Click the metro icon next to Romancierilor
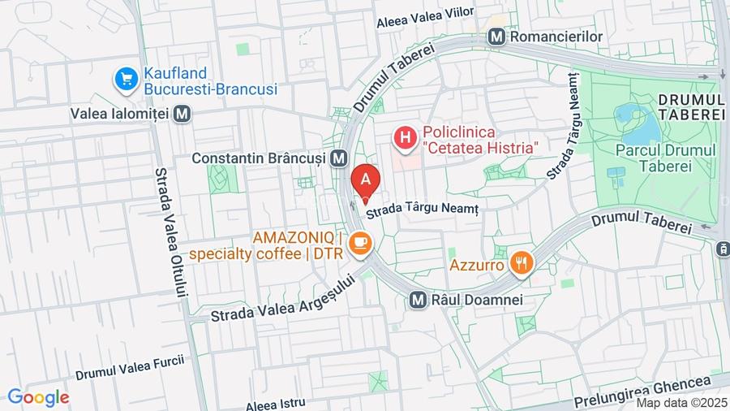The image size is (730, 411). point(496,37)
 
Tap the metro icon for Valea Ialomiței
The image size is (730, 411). point(182,114)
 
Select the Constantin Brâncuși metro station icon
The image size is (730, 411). point(339,158)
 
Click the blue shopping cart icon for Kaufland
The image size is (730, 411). point(126,80)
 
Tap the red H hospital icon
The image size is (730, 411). point(405,138)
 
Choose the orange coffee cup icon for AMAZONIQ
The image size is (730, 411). point(361,242)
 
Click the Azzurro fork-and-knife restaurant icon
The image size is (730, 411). point(521,263)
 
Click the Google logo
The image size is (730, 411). point(38,397)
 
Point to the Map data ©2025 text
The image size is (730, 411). point(680,403)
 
